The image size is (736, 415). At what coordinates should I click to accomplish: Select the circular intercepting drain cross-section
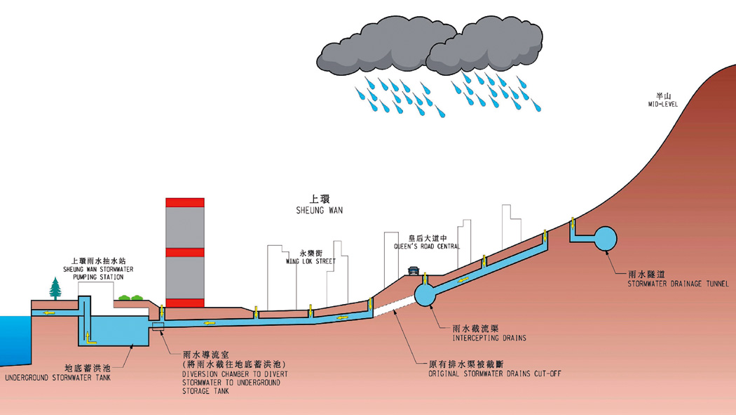pos(425,294)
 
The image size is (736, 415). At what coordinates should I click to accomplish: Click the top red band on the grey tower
pos(185,202)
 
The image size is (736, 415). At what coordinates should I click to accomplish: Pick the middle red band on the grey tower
pos(185,252)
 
